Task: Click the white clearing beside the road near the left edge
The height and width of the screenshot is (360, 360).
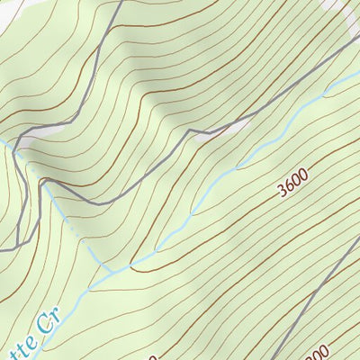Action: (x=27, y=144)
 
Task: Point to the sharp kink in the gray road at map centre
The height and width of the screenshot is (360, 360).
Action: (x=190, y=134)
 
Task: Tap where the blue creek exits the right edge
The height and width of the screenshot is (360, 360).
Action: (x=357, y=74)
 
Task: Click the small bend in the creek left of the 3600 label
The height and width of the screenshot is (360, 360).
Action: (x=238, y=166)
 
